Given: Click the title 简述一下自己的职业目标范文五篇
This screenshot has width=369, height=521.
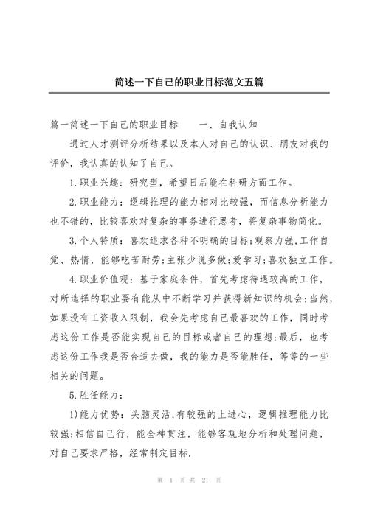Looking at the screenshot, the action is (x=184, y=83).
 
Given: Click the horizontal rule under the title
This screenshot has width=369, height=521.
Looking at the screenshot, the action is (x=184, y=93).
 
